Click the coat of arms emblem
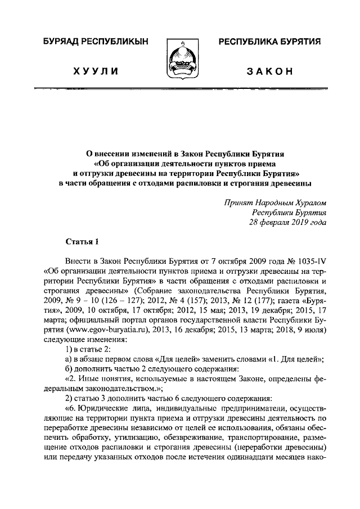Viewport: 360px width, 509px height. tap(180, 59)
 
